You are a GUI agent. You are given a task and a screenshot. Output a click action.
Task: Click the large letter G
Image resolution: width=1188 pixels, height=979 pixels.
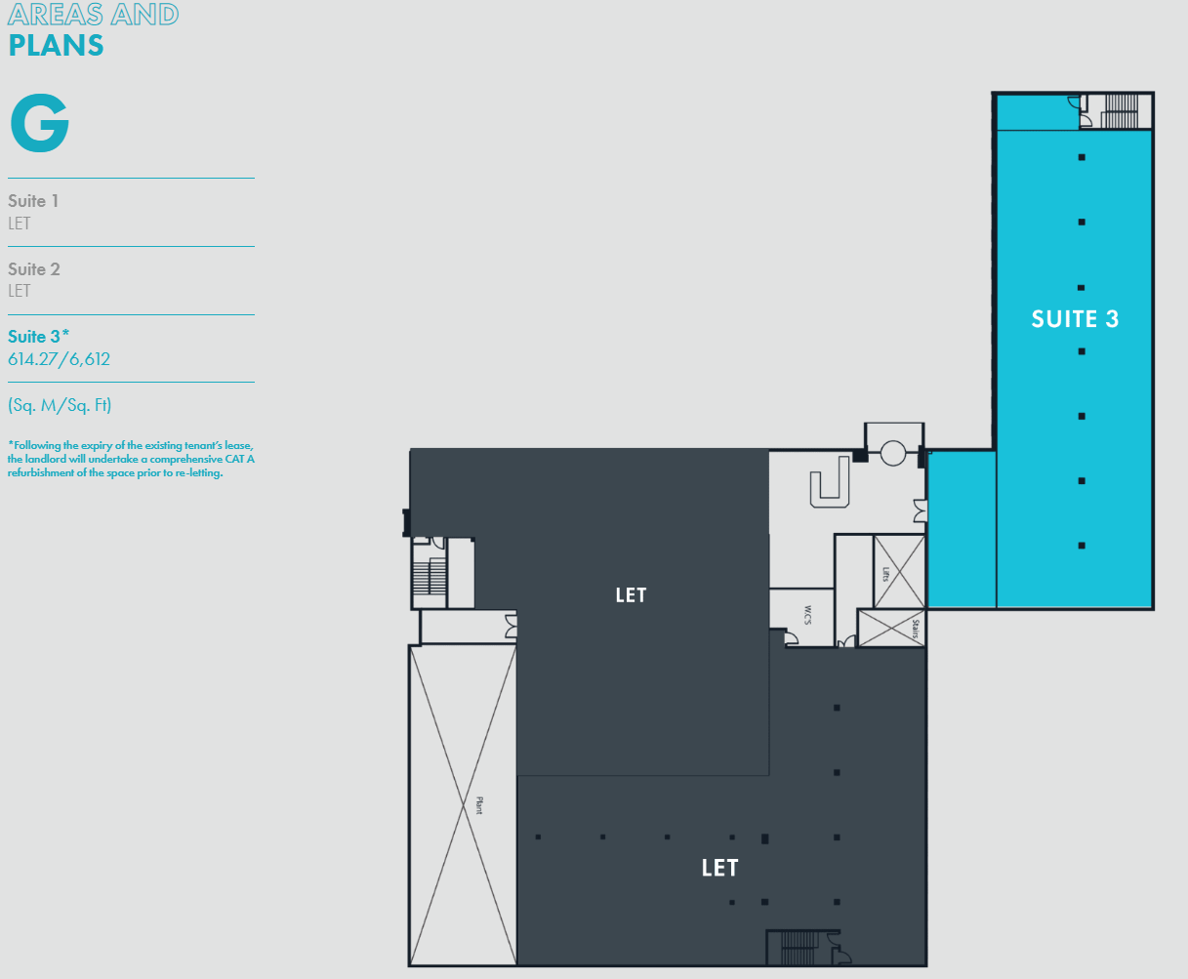point(40,123)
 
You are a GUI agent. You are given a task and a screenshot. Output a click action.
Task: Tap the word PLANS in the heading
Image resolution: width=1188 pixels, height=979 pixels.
point(56,46)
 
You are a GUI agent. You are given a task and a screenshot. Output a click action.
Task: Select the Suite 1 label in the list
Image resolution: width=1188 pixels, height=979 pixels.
point(33,201)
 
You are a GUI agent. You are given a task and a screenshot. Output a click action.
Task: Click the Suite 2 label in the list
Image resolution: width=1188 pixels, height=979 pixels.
point(33,269)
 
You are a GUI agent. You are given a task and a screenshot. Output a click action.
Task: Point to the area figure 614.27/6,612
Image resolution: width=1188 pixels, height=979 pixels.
point(59,359)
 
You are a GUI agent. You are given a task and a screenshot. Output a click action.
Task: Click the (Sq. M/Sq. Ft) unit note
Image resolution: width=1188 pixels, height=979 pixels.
point(60,405)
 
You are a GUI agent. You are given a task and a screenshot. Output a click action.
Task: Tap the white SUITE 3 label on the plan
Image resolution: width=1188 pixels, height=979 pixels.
point(1075,319)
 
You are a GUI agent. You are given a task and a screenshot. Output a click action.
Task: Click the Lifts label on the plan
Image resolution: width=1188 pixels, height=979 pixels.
point(886,574)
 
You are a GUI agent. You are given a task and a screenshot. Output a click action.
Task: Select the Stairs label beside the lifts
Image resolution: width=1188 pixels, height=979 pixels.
point(916,629)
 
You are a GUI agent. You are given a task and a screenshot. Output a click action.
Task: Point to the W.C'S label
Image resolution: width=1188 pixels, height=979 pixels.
point(808,615)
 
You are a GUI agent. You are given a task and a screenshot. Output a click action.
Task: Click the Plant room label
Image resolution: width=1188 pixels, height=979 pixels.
point(479,805)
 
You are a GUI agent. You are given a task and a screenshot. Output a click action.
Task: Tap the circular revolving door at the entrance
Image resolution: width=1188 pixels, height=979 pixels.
point(893,453)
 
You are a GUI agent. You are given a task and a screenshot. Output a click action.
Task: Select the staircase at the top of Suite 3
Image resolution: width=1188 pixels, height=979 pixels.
point(1121,111)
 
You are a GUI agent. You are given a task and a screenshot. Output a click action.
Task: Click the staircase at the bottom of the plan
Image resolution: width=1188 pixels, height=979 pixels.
point(799,948)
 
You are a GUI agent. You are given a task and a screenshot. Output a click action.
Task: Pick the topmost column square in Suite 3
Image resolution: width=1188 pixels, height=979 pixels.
point(1082,157)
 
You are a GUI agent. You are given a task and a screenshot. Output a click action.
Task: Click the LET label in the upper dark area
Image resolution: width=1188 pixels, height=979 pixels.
point(631,595)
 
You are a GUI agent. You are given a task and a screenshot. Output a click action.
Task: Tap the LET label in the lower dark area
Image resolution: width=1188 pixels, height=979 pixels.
point(719,868)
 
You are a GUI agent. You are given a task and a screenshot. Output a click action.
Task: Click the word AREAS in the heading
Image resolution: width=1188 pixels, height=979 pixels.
point(56,15)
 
